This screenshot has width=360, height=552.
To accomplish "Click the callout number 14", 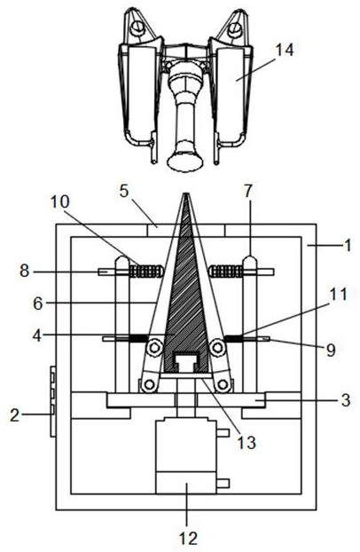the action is click(285, 50).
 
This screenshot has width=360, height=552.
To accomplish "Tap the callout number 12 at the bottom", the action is click(189, 539).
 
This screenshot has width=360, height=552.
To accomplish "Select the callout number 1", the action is click(348, 245).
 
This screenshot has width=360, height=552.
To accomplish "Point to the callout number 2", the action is click(14, 415).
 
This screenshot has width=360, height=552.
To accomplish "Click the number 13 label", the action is click(247, 443).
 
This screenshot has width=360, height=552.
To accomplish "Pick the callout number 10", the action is click(59, 202).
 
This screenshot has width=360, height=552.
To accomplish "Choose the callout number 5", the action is click(124, 191).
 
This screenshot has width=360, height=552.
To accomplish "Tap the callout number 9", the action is click(331, 350).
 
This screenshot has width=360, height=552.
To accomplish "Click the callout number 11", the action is click(338, 295).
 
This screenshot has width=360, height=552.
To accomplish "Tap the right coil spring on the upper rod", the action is click(225, 272).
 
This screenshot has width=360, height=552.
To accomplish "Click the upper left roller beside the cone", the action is click(154, 348).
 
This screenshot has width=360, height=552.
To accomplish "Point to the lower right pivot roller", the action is click(223, 385).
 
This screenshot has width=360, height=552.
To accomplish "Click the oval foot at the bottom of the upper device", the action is click(185, 162).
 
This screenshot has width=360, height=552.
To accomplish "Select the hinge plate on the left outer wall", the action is click(53, 402).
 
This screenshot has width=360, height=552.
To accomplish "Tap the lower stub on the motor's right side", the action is click(223, 484).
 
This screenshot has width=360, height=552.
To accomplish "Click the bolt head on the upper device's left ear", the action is click(137, 28).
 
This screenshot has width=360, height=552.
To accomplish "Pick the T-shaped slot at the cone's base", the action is click(186, 361).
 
